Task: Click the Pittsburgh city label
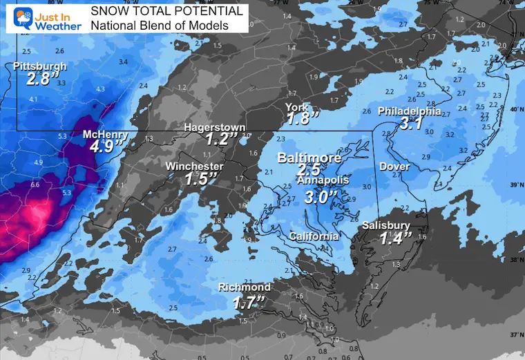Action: tap(40, 66)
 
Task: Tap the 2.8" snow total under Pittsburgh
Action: tap(39, 79)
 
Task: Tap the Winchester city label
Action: tap(194, 167)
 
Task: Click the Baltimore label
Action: tap(309, 158)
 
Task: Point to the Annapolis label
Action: tap(323, 180)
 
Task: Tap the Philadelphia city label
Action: tap(410, 111)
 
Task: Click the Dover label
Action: tap(394, 167)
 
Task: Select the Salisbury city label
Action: tap(386, 226)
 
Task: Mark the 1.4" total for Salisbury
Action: tap(397, 238)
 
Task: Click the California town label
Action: tap(314, 236)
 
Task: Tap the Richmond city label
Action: tap(245, 287)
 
